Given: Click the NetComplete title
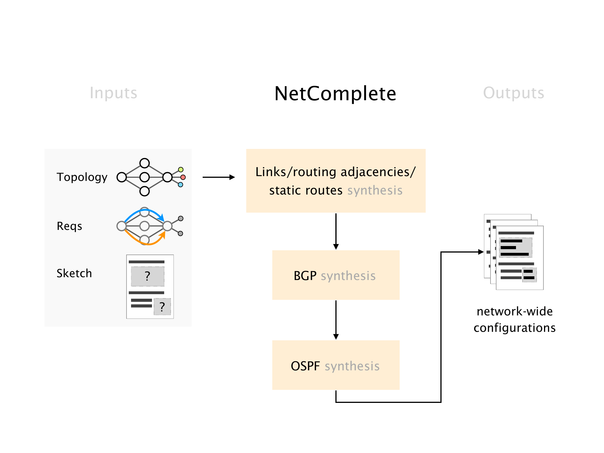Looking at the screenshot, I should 335,94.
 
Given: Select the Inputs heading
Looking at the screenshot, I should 113,93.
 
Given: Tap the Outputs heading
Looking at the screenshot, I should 513,93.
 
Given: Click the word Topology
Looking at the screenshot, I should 82,177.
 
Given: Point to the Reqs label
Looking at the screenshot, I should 69,226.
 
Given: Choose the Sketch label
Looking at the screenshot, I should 74,273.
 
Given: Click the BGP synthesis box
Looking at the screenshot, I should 336,275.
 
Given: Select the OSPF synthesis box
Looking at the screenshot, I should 336,365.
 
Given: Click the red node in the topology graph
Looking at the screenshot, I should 183,177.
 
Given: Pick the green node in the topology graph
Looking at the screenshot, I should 181,170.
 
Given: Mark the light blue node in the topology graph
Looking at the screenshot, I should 181,185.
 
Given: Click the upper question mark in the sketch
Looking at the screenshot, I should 147,276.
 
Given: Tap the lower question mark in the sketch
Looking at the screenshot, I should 162,307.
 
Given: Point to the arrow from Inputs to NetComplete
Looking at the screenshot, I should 219,177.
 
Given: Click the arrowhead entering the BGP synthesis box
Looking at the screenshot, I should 336,247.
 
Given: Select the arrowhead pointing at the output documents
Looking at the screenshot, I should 480,252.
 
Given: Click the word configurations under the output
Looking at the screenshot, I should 515,328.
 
